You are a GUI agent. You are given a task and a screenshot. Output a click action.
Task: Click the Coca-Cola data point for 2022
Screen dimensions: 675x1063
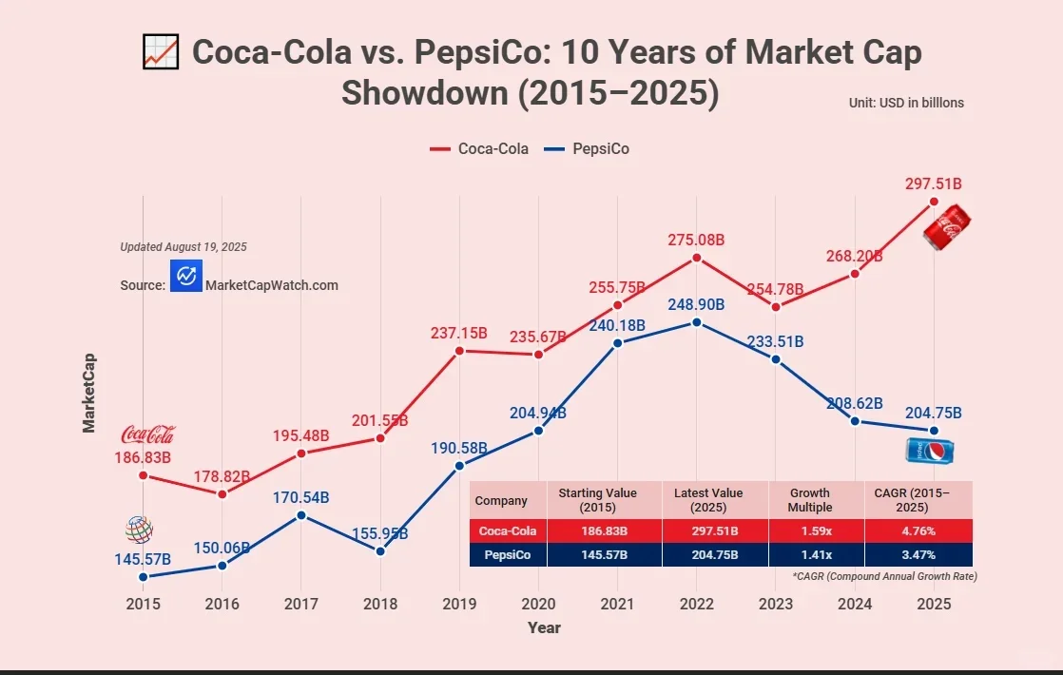point(697,258)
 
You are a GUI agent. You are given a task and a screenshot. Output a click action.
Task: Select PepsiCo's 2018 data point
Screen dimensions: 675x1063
point(380,551)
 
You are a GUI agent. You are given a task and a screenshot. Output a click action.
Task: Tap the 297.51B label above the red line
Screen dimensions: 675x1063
point(934,183)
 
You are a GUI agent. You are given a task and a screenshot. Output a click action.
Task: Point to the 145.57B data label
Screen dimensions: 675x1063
point(143,558)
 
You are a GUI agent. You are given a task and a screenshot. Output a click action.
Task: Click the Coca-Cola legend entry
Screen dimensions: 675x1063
point(480,148)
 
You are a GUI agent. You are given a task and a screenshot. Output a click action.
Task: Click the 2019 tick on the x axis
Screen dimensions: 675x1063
point(459,603)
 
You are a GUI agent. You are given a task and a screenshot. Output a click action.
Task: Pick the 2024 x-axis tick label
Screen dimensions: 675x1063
point(855,603)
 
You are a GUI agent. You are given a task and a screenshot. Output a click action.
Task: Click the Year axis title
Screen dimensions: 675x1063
point(544,627)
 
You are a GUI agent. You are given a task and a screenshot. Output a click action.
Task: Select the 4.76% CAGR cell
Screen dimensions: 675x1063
point(918,530)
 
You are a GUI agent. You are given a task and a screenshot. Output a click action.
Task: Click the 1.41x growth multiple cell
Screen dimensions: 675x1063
point(809,554)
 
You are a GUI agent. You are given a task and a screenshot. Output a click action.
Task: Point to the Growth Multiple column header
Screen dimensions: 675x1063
point(809,500)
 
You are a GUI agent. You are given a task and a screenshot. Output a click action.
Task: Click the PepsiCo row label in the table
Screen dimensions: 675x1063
point(508,554)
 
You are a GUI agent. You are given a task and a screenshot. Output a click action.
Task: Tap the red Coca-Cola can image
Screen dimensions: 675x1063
point(948,229)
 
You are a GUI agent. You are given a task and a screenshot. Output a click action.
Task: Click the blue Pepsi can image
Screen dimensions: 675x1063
point(930,452)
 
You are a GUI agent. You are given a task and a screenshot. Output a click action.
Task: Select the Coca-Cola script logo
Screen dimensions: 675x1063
point(147,434)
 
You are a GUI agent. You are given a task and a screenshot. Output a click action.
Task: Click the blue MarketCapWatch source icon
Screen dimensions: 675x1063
point(186,275)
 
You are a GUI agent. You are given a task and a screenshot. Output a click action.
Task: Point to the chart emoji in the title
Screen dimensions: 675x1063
point(161,51)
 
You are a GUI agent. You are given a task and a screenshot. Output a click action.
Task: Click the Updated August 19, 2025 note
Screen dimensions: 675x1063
point(184,247)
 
